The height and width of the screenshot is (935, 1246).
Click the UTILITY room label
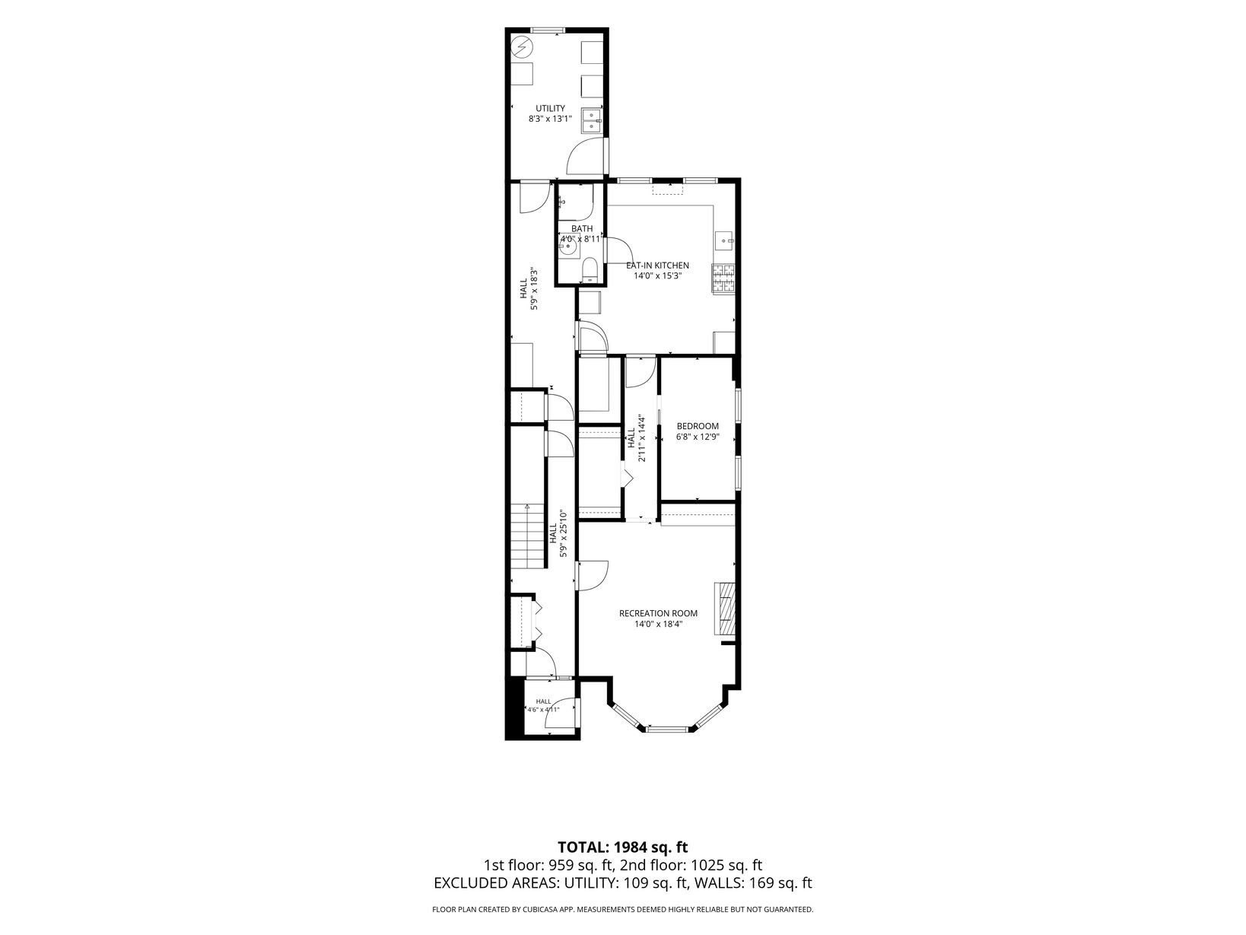(x=550, y=109)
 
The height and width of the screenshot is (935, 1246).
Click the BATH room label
(x=582, y=229)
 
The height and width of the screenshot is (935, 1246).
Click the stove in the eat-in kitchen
(x=723, y=278)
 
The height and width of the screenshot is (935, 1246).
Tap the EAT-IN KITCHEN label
(x=657, y=265)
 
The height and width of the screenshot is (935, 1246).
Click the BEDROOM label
(x=698, y=426)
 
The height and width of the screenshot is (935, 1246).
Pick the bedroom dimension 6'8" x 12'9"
(x=698, y=437)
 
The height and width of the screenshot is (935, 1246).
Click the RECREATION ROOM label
(x=658, y=613)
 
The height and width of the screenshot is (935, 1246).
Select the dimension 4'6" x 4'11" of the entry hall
(x=543, y=710)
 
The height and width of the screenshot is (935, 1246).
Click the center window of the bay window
(x=668, y=728)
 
